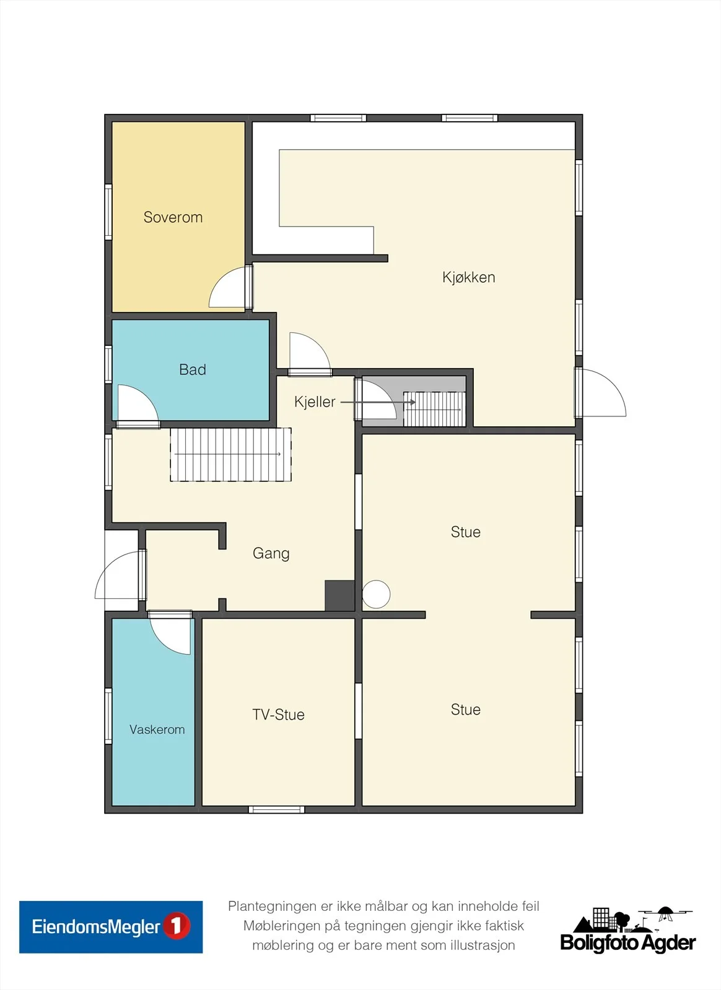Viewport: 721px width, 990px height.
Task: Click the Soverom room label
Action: click(173, 217)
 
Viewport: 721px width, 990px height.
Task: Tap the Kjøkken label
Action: click(468, 277)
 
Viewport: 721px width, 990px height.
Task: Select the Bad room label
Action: click(193, 369)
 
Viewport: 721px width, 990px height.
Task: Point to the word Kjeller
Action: click(315, 402)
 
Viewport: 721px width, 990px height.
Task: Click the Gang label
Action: click(271, 553)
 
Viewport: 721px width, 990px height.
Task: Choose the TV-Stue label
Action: click(278, 714)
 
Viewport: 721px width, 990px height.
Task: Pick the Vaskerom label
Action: click(157, 730)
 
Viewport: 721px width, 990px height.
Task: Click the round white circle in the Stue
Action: click(376, 594)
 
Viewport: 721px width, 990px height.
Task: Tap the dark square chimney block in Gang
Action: click(339, 596)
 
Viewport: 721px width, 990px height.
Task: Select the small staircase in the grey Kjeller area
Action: click(434, 409)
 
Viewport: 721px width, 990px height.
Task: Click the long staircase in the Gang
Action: click(231, 454)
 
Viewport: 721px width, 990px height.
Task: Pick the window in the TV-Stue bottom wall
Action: click(276, 810)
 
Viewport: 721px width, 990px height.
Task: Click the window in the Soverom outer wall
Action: click(108, 212)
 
